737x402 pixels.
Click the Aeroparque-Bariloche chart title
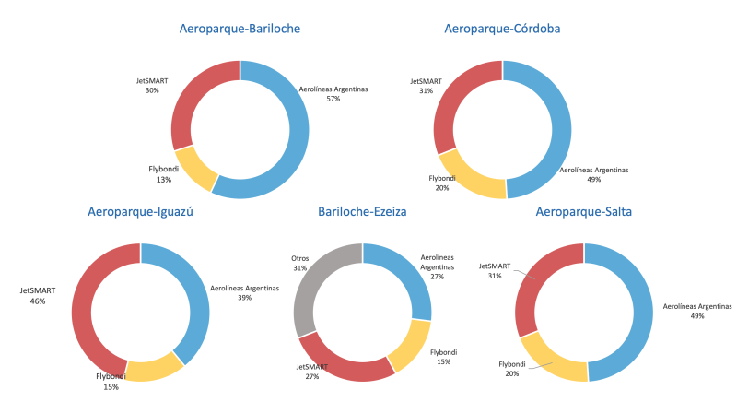pos(240,30)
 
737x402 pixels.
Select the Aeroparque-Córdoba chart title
pos(502,30)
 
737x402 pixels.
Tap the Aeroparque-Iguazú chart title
pos(139,211)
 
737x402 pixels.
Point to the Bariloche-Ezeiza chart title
pos(362,211)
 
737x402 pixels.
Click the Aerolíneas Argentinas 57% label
pos(333,93)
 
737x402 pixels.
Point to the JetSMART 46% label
pos(38,295)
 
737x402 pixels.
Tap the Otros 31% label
pos(299,263)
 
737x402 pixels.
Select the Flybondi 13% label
pos(163,173)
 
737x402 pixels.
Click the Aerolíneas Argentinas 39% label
pos(244,293)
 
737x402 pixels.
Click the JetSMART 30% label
pos(151,86)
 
